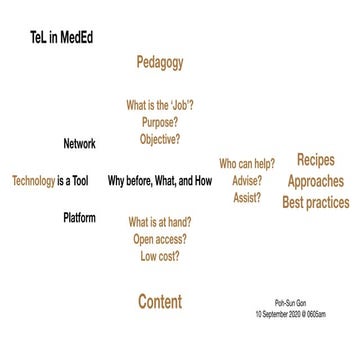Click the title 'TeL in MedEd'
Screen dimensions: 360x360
(69, 37)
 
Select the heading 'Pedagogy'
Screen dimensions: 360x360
(160, 62)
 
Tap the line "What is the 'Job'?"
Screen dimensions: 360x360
(160, 104)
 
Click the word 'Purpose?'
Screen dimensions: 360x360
(160, 121)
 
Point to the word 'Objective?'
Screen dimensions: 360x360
(160, 139)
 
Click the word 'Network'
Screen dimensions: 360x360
(79, 144)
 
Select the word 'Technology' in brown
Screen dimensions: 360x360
(33, 181)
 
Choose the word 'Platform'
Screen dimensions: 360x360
(79, 217)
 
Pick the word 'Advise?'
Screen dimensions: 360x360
(246, 181)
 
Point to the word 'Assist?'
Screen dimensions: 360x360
(246, 198)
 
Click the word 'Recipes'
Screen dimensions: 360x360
(315, 160)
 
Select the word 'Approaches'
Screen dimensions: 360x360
(315, 182)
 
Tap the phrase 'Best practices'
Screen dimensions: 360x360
(315, 203)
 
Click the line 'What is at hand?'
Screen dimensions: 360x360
(160, 222)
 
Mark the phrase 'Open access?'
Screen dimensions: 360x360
(160, 239)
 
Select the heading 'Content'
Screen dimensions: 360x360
(160, 301)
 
